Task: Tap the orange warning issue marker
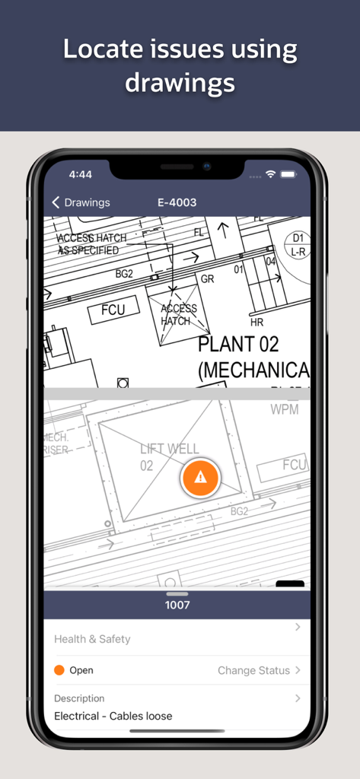(x=199, y=477)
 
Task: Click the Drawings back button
(x=81, y=202)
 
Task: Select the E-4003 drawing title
(x=177, y=202)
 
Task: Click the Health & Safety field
(x=92, y=639)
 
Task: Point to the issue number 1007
(x=177, y=606)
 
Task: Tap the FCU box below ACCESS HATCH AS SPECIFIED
(x=113, y=310)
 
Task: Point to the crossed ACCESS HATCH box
(x=178, y=314)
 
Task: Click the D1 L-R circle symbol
(x=298, y=244)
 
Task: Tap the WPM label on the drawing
(x=285, y=410)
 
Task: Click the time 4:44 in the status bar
(x=80, y=174)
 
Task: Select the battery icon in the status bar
(x=288, y=174)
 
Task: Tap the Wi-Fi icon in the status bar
(x=270, y=174)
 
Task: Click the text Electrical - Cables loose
(x=113, y=716)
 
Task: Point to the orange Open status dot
(x=59, y=670)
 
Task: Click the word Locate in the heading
(x=101, y=49)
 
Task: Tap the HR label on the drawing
(x=256, y=323)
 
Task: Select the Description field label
(x=79, y=698)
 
